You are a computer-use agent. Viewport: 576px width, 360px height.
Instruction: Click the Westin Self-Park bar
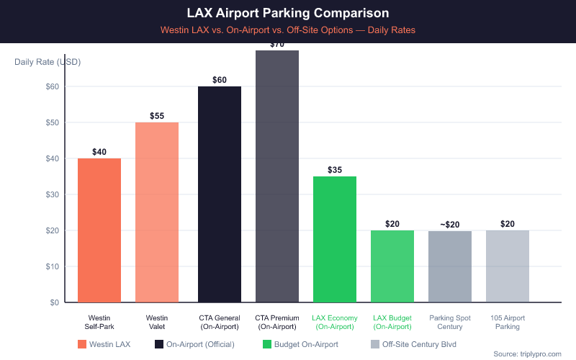tap(99, 230)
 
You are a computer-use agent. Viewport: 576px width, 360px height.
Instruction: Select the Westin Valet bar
tap(157, 212)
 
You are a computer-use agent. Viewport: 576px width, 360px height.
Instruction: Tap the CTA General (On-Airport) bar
tap(220, 194)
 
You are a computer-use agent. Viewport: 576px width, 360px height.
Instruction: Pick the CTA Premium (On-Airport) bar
tap(277, 176)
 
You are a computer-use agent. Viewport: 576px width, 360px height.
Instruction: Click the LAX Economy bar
tap(335, 239)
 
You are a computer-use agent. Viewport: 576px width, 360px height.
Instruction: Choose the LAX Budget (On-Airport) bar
tap(392, 266)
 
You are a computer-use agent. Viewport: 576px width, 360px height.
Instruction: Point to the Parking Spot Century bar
tap(450, 266)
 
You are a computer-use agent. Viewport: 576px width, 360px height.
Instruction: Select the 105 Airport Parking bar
tap(508, 266)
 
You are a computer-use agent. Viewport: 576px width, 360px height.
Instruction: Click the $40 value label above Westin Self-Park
tap(99, 152)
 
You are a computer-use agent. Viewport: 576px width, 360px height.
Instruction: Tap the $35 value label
tap(335, 170)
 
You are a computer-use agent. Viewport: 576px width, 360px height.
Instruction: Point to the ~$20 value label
tap(450, 225)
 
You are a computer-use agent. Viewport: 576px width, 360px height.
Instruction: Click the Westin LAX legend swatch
tap(83, 344)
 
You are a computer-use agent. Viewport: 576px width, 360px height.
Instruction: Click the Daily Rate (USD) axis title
tap(48, 61)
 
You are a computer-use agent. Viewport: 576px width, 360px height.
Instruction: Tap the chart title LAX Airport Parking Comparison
tap(288, 13)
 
